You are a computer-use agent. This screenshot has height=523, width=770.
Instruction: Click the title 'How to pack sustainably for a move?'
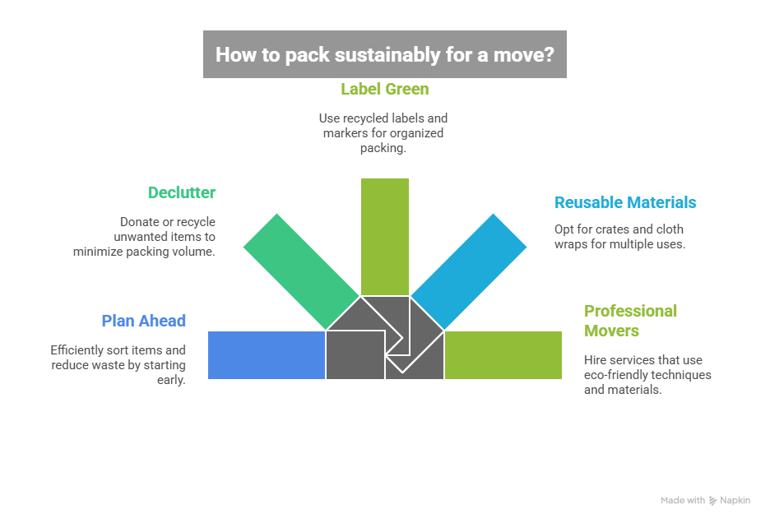(x=384, y=54)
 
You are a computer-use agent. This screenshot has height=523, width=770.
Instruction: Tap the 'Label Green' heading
(x=384, y=89)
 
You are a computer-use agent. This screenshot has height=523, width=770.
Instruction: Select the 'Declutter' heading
(x=181, y=193)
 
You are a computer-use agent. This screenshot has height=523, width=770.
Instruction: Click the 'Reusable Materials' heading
(x=625, y=202)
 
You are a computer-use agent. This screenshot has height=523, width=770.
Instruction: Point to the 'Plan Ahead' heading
(x=143, y=321)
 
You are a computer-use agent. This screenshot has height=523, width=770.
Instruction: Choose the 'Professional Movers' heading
(x=630, y=321)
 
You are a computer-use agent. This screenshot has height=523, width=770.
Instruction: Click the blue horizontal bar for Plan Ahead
(x=266, y=354)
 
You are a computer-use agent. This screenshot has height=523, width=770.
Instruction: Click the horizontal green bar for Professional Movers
(x=503, y=354)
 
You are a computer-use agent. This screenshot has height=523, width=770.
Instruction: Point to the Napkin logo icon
(x=713, y=500)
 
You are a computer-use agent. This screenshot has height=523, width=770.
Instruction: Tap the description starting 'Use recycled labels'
(x=383, y=133)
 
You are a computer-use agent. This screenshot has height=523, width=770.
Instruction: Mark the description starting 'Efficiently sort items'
(x=118, y=364)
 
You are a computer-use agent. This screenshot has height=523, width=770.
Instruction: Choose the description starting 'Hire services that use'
(x=647, y=374)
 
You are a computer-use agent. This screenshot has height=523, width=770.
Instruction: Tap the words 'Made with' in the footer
(x=683, y=500)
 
